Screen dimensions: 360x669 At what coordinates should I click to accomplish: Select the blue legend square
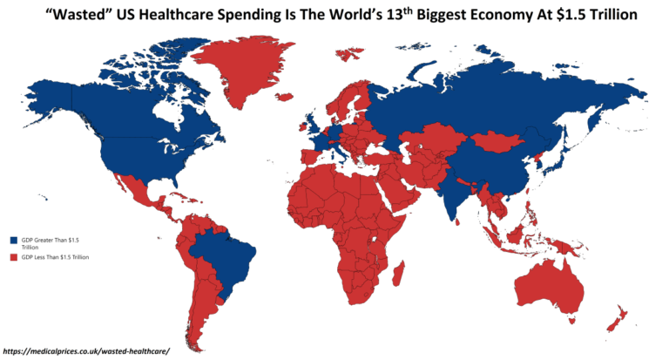click(12, 239)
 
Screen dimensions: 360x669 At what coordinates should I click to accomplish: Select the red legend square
click(12, 257)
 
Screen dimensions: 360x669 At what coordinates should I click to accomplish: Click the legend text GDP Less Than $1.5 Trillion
click(54, 257)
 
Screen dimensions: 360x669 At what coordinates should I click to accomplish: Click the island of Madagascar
click(399, 277)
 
